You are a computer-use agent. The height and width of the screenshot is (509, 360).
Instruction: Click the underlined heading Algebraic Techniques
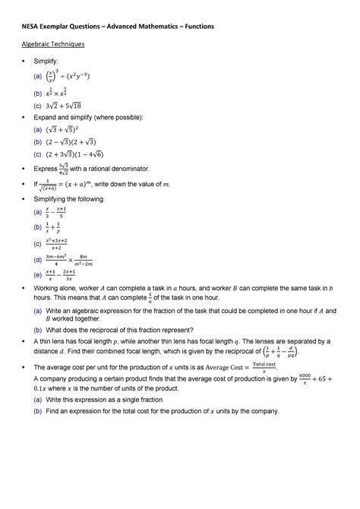(52, 45)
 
